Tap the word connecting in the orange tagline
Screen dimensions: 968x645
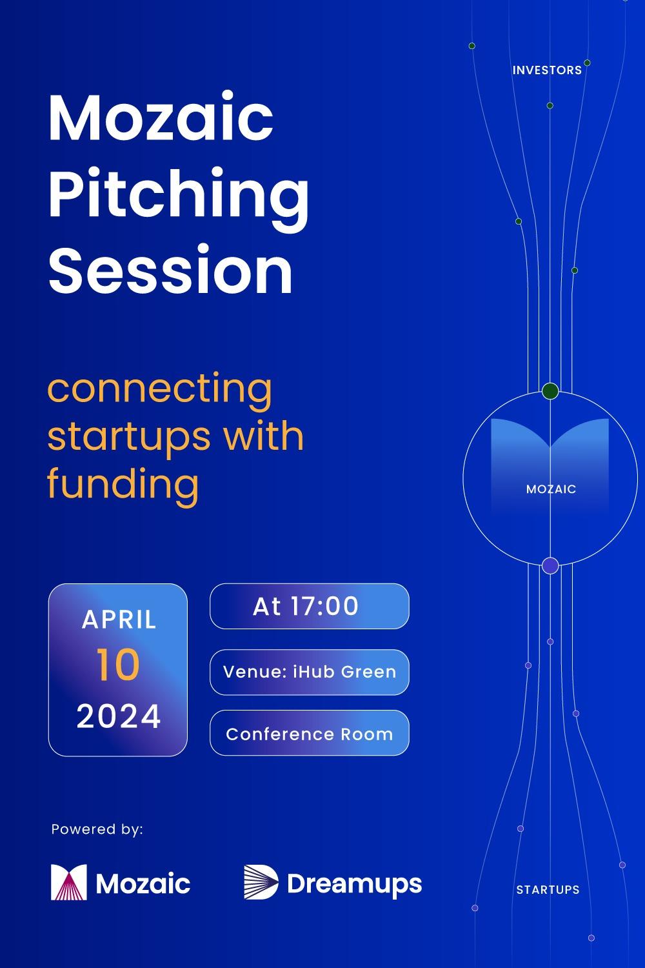160,388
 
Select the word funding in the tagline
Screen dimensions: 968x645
123,483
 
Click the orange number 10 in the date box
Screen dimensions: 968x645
118,665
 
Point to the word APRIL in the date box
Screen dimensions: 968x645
119,620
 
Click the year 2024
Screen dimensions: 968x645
119,716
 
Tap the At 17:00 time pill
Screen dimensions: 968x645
309,606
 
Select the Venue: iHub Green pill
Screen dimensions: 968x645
309,672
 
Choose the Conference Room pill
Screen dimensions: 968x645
309,734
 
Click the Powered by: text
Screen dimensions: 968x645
97,829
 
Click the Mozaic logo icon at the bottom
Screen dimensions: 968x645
69,882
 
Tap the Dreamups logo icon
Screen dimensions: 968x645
261,882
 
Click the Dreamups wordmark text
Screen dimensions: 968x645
354,884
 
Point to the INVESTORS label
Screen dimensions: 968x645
547,70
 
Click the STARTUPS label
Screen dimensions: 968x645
548,890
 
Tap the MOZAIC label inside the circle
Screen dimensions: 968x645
551,489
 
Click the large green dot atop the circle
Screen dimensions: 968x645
550,390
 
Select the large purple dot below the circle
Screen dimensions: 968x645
550,566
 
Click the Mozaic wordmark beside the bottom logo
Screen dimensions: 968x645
143,883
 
